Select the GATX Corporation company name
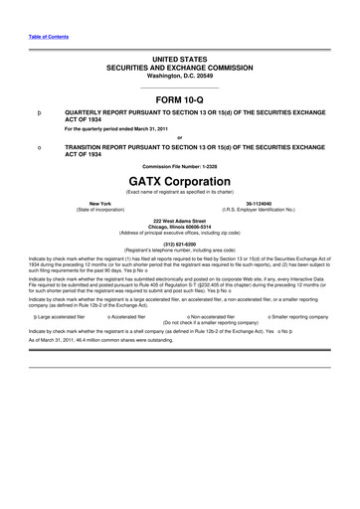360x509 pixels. click(179, 181)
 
